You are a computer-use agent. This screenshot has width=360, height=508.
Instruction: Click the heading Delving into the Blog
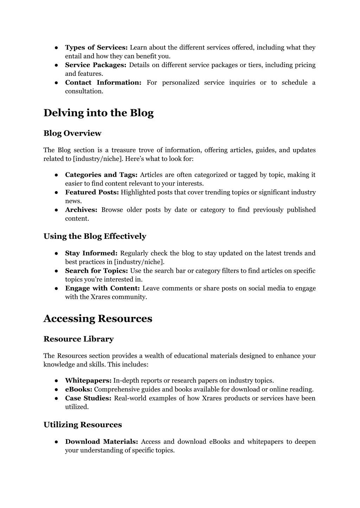[x=98, y=113]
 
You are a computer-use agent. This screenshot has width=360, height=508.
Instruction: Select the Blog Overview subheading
[x=72, y=133]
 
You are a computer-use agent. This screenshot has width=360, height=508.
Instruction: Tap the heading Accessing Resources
[x=98, y=319]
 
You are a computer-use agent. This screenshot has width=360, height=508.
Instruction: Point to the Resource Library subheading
[x=78, y=339]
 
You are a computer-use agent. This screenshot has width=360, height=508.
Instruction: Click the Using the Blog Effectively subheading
[x=95, y=236]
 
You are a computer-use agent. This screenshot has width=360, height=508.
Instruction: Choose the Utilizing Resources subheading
[x=83, y=425]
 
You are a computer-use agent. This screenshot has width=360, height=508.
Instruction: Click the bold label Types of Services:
[x=96, y=47]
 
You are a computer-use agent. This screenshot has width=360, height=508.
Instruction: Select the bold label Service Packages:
[x=96, y=65]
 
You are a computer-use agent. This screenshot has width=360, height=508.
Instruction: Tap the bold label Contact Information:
[x=103, y=83]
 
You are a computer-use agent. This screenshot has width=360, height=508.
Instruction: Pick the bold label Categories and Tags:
[x=101, y=175]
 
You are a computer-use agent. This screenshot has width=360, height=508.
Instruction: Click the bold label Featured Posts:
[x=92, y=193]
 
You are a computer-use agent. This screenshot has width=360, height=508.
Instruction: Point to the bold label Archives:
[x=81, y=210]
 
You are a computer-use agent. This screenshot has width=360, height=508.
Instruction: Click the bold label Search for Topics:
[x=97, y=271]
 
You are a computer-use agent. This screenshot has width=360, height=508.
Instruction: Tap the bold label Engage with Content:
[x=103, y=288]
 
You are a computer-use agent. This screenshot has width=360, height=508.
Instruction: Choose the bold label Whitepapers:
[x=88, y=380]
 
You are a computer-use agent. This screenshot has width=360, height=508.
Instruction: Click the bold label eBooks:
[x=79, y=389]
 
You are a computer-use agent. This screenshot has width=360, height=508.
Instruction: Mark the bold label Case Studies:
[x=88, y=398]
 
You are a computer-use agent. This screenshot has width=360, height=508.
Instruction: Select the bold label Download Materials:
[x=102, y=442]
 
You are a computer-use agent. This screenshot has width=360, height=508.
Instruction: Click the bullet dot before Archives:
[x=56, y=210]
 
